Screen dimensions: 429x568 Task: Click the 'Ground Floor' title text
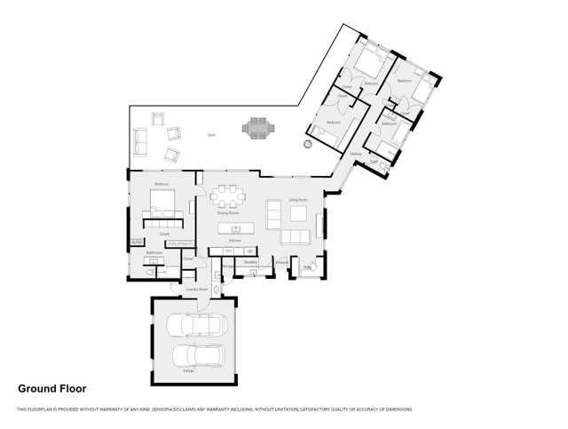click(x=52, y=388)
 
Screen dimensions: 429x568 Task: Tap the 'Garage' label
click(x=188, y=370)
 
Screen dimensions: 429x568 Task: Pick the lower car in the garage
click(x=196, y=356)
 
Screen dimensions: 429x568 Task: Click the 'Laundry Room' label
click(x=196, y=290)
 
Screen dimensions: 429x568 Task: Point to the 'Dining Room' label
click(x=228, y=213)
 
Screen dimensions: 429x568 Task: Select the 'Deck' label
click(x=211, y=135)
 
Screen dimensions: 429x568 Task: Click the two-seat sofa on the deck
click(x=141, y=139)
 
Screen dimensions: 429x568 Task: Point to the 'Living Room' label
click(x=297, y=201)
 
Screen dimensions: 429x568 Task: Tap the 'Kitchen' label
click(x=235, y=241)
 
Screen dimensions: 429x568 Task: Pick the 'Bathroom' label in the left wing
click(x=154, y=252)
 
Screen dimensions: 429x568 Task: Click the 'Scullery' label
click(x=250, y=262)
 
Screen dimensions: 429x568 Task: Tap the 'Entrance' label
click(x=281, y=263)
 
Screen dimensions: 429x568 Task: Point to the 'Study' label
click(x=308, y=266)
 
